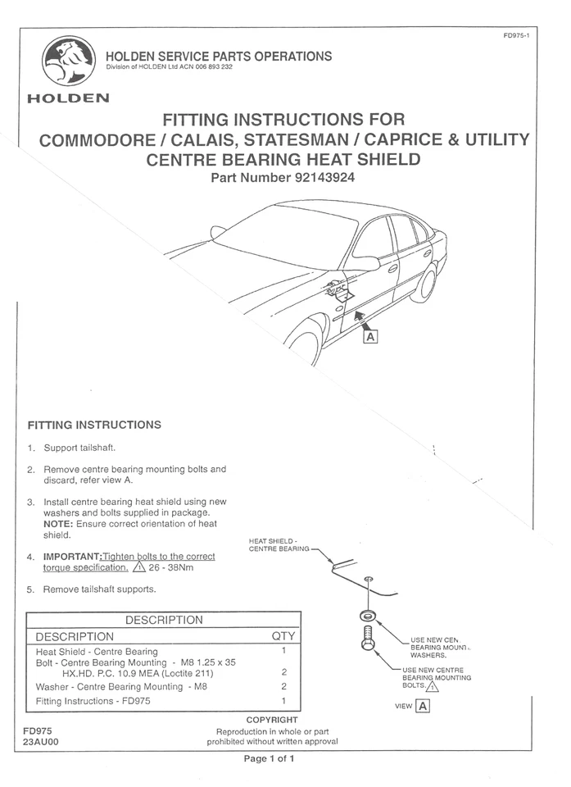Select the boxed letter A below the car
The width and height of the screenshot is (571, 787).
pos(369,335)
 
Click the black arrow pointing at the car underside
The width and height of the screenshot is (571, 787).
pos(357,316)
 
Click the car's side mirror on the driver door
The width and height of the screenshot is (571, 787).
pos(365,264)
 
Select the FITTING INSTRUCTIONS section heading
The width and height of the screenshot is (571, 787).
pos(94,425)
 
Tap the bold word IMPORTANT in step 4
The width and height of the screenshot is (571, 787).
pos(72,557)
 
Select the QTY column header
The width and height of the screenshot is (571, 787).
pos(283,636)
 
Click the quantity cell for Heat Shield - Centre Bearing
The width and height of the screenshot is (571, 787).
pos(283,651)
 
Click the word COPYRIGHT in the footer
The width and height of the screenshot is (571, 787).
pos(272,720)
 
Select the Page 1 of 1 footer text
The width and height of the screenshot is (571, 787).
pos(269,758)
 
